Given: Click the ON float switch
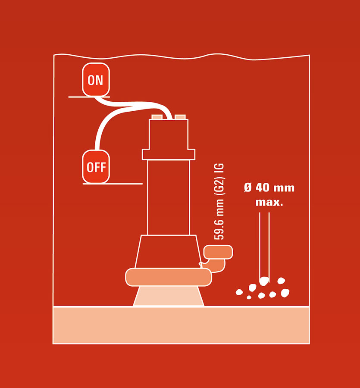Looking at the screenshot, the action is (x=96, y=79).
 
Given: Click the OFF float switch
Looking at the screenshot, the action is (x=96, y=166).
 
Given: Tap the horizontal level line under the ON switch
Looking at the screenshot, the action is (x=89, y=97).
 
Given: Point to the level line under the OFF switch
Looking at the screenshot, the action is (x=113, y=184).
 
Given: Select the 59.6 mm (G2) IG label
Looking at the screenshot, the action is (x=219, y=201).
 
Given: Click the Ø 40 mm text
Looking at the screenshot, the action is (x=269, y=188).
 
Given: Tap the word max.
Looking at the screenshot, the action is (x=269, y=202).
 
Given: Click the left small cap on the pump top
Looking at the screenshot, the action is (x=157, y=117).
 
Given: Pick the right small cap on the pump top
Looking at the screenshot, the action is (x=180, y=117).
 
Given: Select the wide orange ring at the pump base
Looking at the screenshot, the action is (x=169, y=277).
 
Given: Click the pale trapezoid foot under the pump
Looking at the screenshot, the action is (x=169, y=296).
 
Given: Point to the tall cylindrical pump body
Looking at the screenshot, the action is (x=169, y=197).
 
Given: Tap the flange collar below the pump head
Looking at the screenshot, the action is (x=169, y=154).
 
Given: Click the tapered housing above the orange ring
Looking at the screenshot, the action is (x=169, y=251).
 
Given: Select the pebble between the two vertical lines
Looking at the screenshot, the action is (x=264, y=281).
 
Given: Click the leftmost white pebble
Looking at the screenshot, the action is (x=239, y=292).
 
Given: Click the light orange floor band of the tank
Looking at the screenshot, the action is (x=182, y=325).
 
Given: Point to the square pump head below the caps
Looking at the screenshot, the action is (x=169, y=134).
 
